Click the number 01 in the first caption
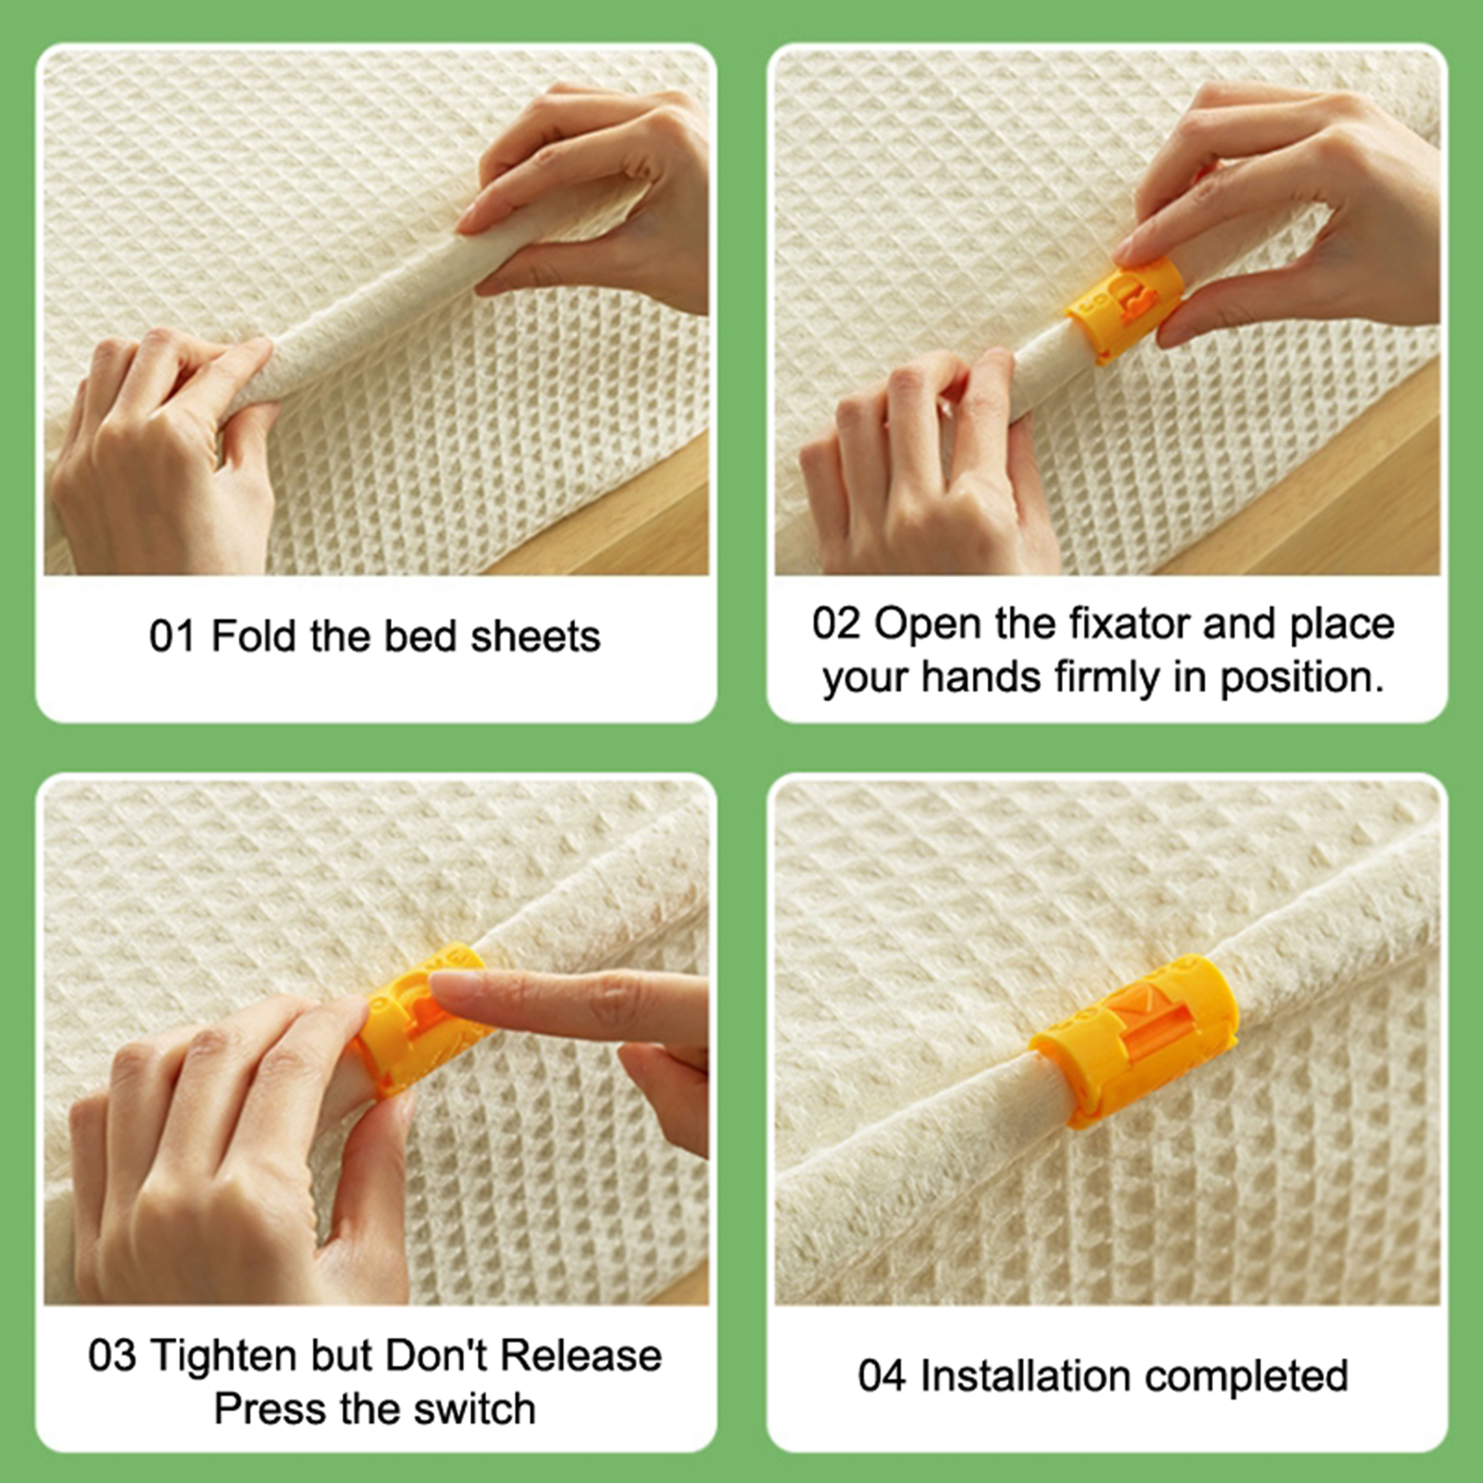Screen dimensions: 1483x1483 pos(171,637)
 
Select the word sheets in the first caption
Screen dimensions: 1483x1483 pos(536,637)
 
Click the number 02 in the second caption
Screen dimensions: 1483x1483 pos(836,624)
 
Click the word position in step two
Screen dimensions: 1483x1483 pos(1301,678)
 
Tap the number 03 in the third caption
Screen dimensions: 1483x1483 pos(112,1356)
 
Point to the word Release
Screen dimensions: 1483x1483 pos(581,1356)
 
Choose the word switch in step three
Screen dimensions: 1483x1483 pos(475,1409)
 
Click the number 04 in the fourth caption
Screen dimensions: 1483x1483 pos(881,1376)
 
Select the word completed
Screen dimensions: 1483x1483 pos(1246,1377)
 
